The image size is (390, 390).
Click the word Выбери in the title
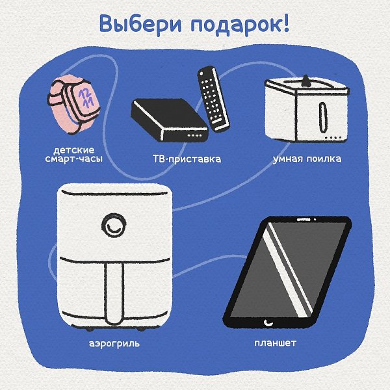pyautogui.click(x=140, y=24)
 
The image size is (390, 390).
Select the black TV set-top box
pyautogui.click(x=170, y=120)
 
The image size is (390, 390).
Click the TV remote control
pyautogui.click(x=213, y=99)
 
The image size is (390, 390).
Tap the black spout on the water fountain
pyautogui.click(x=306, y=81)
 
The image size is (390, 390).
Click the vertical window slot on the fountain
pyautogui.click(x=322, y=117)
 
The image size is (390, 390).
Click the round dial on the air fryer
pyautogui.click(x=114, y=225)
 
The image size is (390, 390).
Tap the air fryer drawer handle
pyautogui.click(x=114, y=293)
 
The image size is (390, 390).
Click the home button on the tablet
pyautogui.click(x=268, y=323)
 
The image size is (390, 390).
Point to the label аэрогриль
pyautogui.click(x=114, y=344)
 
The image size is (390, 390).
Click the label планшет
pyautogui.click(x=276, y=343)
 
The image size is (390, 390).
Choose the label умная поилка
pyautogui.click(x=307, y=159)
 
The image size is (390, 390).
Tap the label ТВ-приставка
pyautogui.click(x=187, y=159)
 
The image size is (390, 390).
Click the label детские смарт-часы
pyautogui.click(x=74, y=154)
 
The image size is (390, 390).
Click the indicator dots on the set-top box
pyautogui.click(x=194, y=135)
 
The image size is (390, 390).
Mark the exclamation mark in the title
pyautogui.click(x=286, y=23)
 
